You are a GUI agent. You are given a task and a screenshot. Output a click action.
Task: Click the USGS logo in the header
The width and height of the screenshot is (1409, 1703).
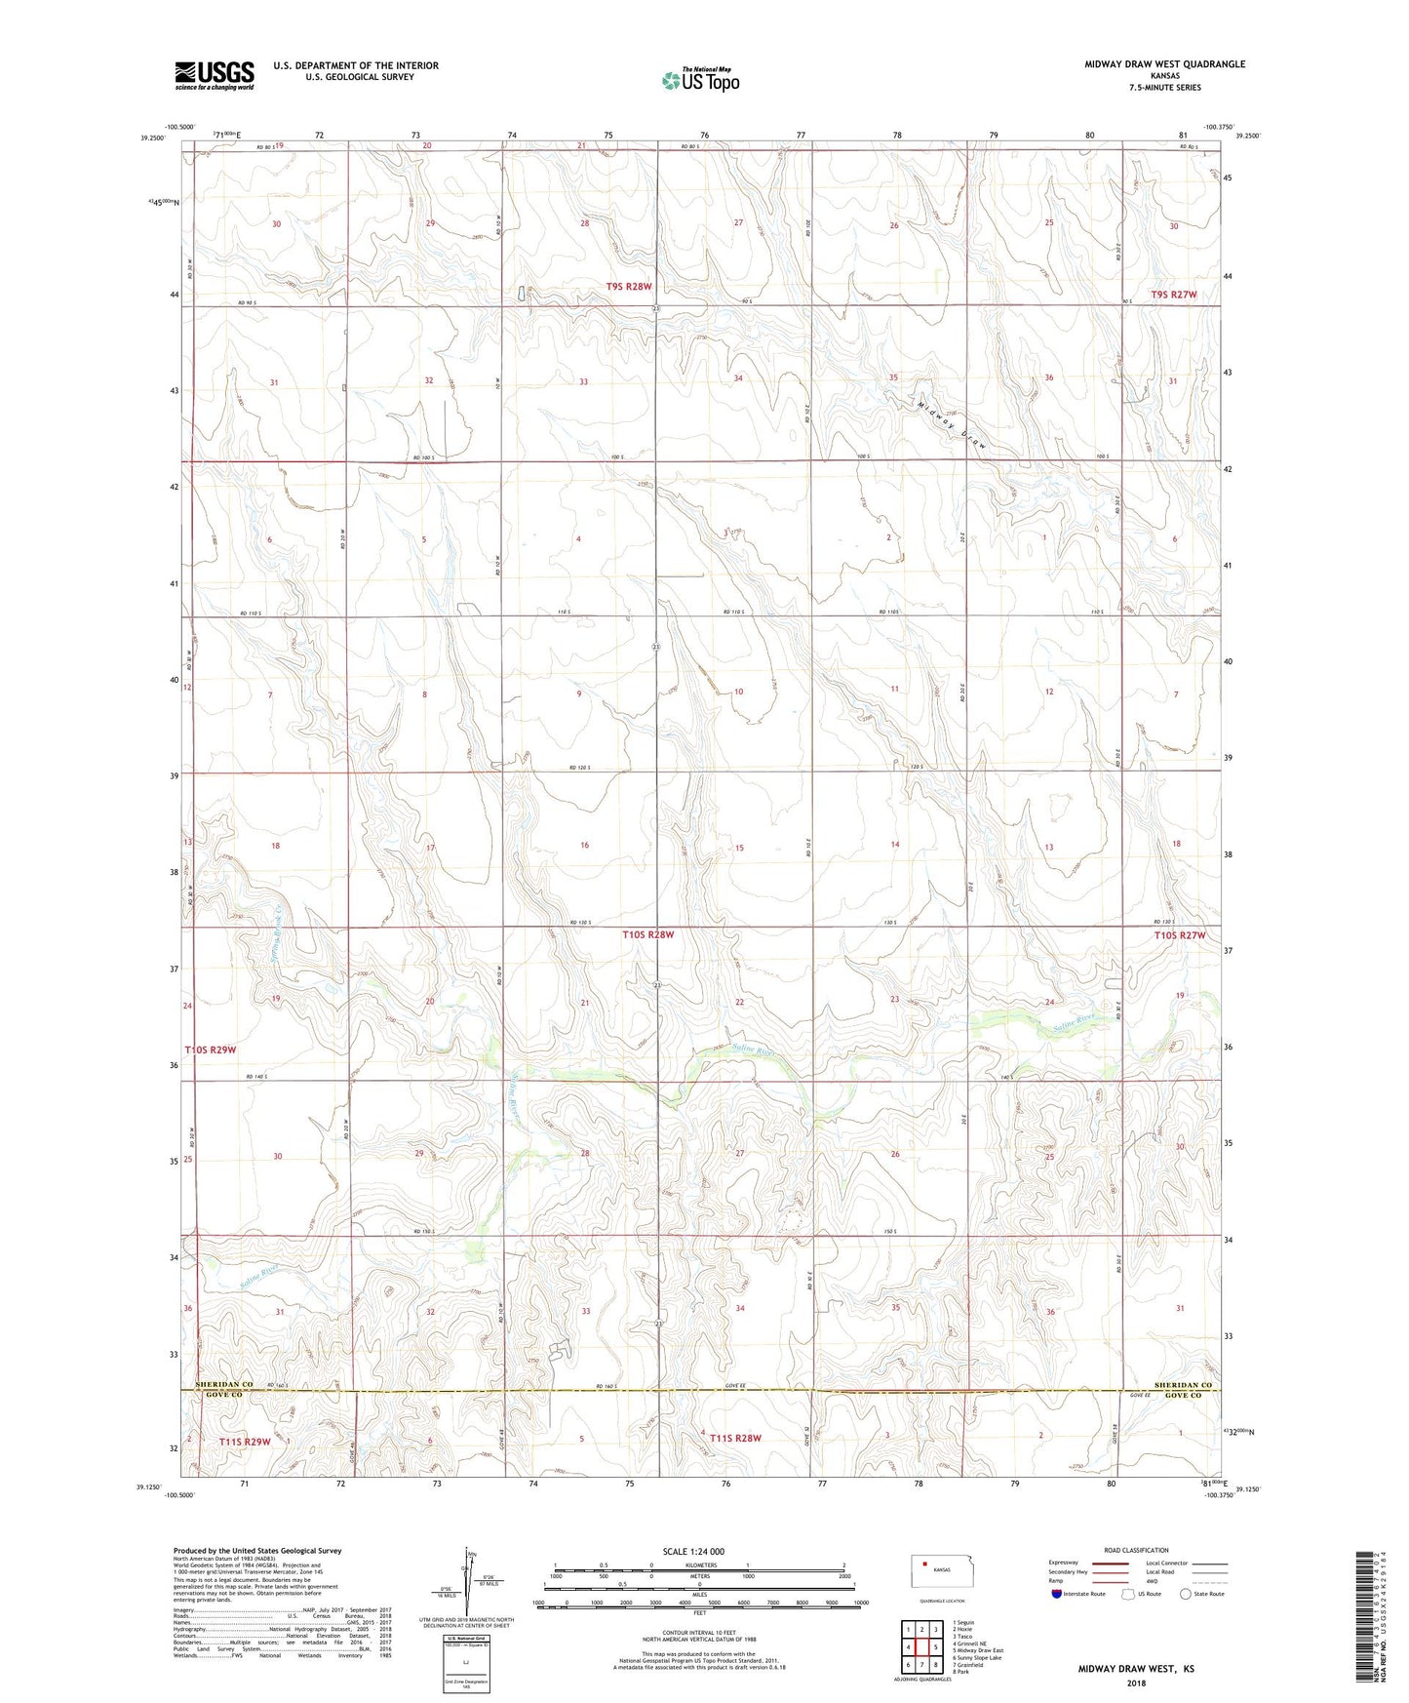point(214,75)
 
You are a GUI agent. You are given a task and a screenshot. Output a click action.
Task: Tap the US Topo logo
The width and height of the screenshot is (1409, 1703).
point(700,80)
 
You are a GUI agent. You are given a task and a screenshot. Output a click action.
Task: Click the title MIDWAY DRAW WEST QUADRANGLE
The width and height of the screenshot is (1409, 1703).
point(1164,64)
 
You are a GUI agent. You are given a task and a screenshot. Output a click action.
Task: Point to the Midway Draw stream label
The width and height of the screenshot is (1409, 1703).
point(953,424)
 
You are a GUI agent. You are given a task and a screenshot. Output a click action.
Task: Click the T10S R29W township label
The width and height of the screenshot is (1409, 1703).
point(211,1050)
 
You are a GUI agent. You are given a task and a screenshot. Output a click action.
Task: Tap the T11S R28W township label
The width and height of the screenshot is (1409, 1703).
point(735,1438)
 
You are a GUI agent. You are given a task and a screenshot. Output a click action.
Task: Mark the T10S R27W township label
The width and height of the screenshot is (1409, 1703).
point(1180,935)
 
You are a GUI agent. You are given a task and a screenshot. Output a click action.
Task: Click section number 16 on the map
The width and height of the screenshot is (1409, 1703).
point(584,845)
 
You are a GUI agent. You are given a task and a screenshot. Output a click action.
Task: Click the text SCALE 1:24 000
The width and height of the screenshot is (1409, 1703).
point(693,1551)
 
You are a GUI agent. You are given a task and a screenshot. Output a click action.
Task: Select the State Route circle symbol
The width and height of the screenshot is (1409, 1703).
point(1186,1594)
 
